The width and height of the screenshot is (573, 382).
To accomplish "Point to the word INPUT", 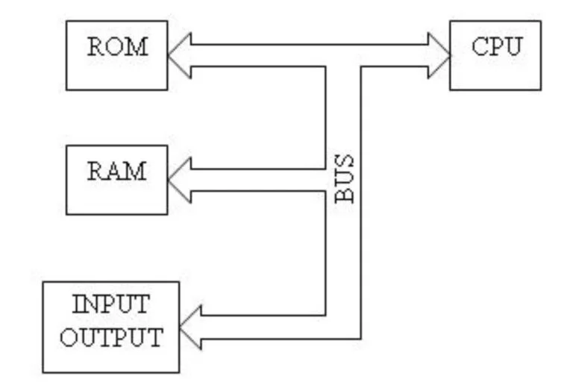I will (x=111, y=307).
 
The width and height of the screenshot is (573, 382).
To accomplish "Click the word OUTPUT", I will (x=111, y=337).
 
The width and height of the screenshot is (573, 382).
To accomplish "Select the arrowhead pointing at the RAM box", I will (x=179, y=179).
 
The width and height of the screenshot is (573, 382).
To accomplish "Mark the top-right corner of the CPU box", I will (x=541, y=21).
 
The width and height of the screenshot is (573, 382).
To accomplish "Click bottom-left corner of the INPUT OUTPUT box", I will (x=43, y=372).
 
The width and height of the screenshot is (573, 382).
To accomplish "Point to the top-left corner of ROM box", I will (x=66, y=21).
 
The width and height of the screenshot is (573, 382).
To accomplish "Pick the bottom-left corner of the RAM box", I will (x=66, y=214).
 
